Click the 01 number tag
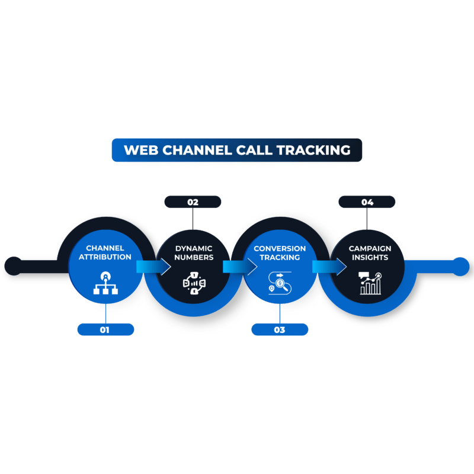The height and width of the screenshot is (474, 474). [x=105, y=329]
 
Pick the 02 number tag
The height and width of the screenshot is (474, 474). [x=193, y=202]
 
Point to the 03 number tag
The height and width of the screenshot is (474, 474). [x=280, y=329]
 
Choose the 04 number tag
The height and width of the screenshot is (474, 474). [x=367, y=202]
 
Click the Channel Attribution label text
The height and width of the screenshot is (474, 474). [x=105, y=253]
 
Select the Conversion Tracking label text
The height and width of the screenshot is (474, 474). [x=280, y=253]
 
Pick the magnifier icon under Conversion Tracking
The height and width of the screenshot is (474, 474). [x=279, y=283]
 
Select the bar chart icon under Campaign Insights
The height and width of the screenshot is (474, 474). [x=369, y=283]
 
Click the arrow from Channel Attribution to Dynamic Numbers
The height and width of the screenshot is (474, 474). [x=153, y=267]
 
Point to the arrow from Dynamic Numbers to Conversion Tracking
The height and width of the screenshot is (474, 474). [x=240, y=267]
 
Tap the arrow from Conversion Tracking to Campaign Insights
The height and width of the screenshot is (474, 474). [x=329, y=267]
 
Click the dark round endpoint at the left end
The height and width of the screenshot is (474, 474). [x=12, y=265]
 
